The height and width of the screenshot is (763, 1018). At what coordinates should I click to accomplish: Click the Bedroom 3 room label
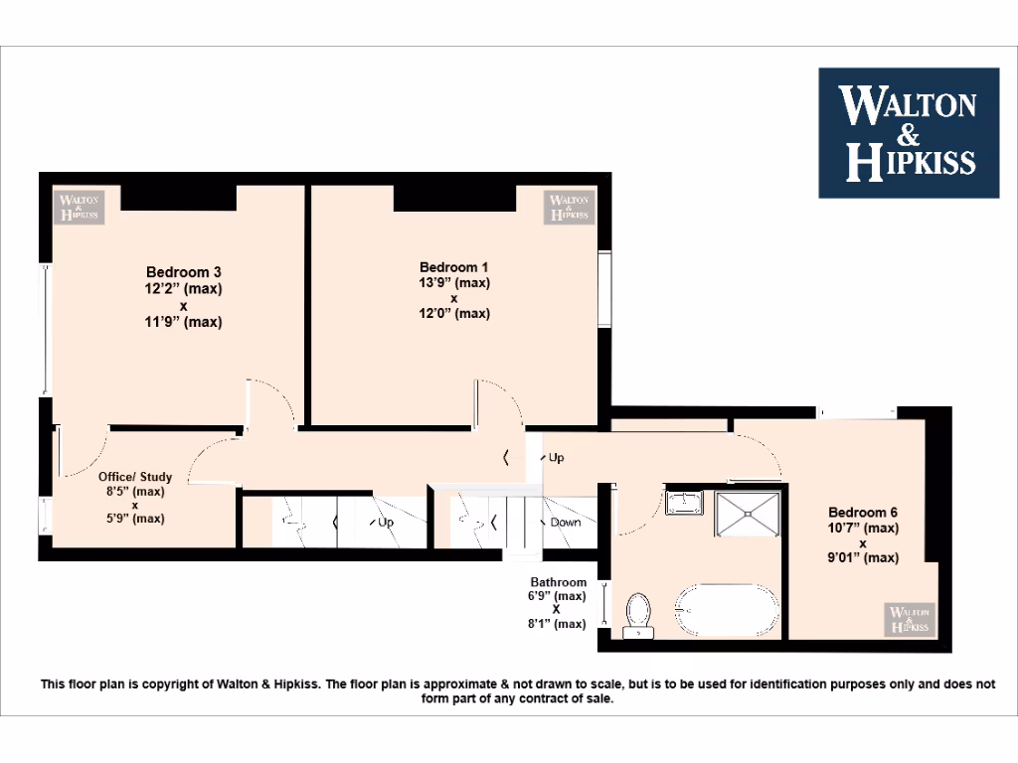[x=183, y=272]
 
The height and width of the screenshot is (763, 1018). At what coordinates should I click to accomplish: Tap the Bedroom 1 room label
[x=454, y=267]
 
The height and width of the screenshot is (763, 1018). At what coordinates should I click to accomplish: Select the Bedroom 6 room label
[x=862, y=512]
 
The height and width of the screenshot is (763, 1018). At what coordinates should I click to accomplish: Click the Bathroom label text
[x=558, y=582]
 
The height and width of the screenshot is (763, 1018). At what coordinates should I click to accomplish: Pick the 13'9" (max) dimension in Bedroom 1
[x=454, y=282]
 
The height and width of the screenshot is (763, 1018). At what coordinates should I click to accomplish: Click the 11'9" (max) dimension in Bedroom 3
[x=183, y=322]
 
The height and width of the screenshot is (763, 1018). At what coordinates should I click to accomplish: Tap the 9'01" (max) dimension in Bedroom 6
[x=862, y=557]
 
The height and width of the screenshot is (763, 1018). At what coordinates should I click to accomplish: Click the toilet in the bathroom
[x=637, y=614]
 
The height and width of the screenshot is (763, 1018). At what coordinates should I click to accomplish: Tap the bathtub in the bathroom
[x=728, y=609]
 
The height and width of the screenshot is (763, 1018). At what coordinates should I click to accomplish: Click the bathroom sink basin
[x=684, y=504]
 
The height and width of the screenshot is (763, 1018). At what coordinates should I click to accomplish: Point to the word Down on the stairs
[x=566, y=522]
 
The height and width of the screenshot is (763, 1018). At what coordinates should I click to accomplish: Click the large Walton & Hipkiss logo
[x=908, y=132]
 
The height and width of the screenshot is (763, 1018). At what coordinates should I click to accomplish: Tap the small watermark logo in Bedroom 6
[x=910, y=619]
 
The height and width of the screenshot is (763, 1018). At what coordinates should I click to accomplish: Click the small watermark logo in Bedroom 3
[x=80, y=207]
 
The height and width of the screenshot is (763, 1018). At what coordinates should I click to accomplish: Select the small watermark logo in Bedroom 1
[x=570, y=207]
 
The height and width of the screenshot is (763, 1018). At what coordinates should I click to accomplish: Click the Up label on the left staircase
[x=386, y=522]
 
